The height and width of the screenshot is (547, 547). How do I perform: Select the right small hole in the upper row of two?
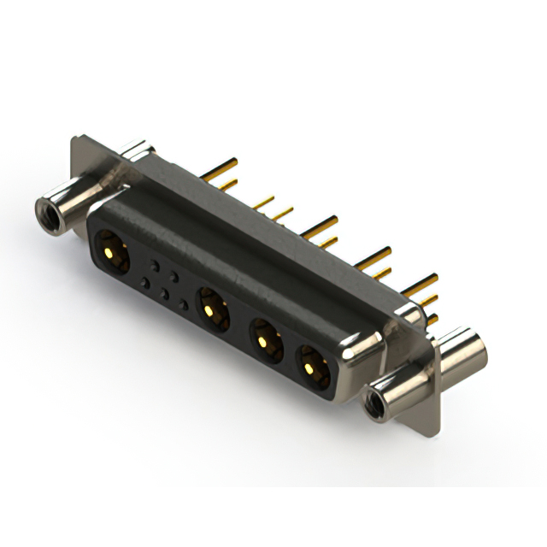174,274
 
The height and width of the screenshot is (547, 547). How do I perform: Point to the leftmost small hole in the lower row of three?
144,283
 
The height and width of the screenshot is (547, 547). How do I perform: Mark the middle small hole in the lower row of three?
164,294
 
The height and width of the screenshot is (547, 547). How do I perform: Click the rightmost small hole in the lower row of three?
185,305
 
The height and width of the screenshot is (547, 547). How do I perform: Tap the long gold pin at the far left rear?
222,162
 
